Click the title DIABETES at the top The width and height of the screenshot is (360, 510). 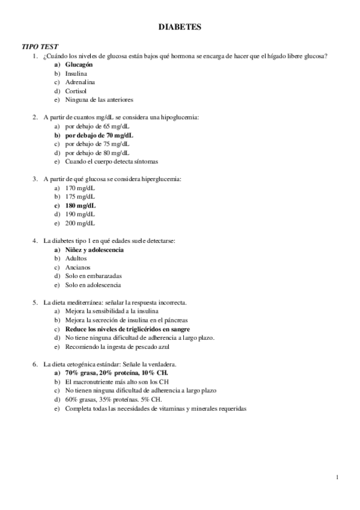pos(180,27)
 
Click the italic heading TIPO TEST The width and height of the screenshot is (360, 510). pos(40,47)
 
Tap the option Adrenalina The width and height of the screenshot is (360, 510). pos(80,82)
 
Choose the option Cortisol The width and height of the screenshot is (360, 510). pos(76,90)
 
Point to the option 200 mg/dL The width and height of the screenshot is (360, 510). pos(81,223)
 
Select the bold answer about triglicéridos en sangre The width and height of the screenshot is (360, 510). pos(127,329)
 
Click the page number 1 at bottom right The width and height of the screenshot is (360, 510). pos(338,479)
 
